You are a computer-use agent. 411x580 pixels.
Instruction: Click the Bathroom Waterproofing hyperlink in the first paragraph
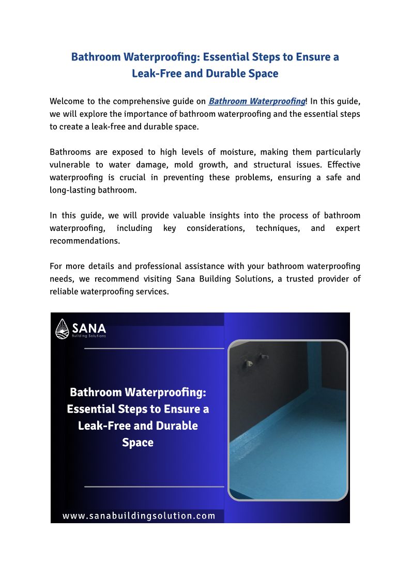(257, 101)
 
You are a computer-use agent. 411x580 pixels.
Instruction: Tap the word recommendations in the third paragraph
(85, 241)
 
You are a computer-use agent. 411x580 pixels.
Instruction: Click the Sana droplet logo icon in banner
(63, 328)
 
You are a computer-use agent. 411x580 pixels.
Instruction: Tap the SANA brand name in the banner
(89, 327)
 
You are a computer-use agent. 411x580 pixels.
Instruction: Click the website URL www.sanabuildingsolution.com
(139, 515)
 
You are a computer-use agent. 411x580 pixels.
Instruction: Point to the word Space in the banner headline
(138, 443)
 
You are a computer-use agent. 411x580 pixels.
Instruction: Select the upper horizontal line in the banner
(154, 348)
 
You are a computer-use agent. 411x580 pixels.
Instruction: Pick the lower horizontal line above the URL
(154, 487)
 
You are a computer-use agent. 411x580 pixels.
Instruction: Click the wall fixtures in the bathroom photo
(256, 359)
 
